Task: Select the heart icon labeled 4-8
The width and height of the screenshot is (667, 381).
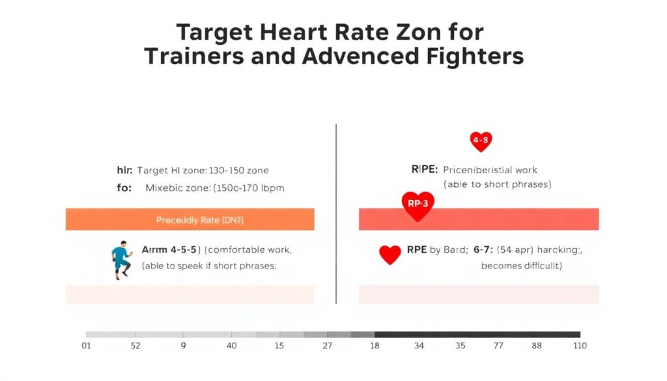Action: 481,140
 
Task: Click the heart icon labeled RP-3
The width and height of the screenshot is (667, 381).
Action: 418,205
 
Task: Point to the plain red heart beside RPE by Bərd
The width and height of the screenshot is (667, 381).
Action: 390,254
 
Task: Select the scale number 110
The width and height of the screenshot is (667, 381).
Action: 578,346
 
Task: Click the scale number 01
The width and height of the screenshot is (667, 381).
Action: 86,346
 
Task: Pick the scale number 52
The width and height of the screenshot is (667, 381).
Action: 135,346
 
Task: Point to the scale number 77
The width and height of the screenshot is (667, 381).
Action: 498,346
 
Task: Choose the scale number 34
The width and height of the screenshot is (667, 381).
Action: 419,346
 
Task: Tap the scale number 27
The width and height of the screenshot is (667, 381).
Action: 327,346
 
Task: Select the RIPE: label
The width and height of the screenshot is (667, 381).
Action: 425,170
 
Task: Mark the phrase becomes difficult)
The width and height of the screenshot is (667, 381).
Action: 521,266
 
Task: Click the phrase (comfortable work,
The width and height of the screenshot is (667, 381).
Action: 249,249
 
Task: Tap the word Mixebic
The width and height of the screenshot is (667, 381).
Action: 165,188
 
